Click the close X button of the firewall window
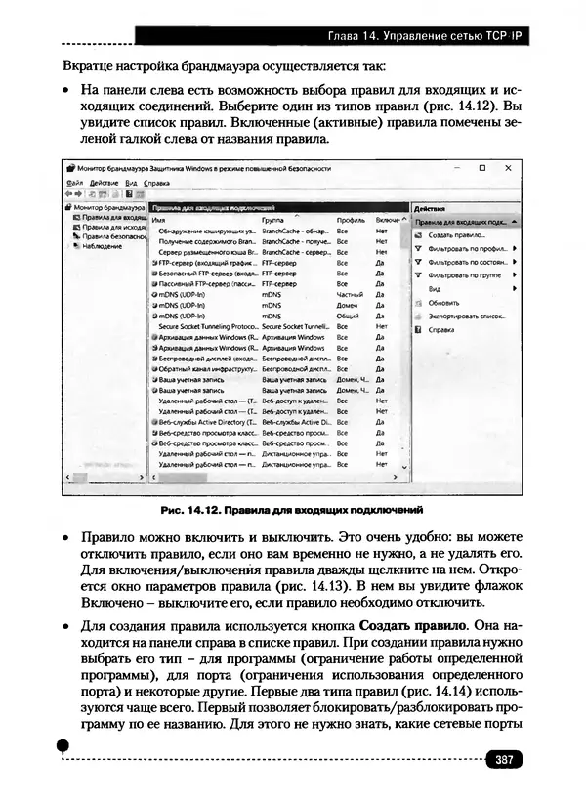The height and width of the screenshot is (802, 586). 509,168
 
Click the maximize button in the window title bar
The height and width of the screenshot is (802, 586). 481,168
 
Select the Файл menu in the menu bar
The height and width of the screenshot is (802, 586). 74,183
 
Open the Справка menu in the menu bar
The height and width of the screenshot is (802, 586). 156,183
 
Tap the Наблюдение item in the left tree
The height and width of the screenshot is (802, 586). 102,246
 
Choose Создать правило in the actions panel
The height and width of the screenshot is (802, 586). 456,235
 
